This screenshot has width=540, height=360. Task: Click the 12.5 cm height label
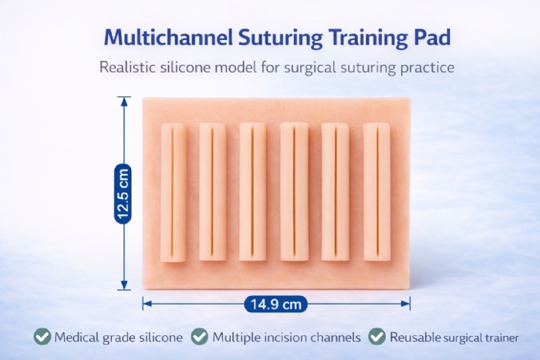[123, 193]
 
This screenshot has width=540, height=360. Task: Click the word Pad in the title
[417, 36]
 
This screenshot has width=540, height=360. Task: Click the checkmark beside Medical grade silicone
[42, 337]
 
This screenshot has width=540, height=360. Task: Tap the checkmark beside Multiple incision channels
[200, 337]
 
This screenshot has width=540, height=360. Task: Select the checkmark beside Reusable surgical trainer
[376, 337]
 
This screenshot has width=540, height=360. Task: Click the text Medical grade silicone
[119, 337]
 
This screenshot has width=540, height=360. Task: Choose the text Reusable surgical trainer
[454, 337]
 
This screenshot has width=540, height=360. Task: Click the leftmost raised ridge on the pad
[173, 192]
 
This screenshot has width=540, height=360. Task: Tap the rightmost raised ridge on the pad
[376, 192]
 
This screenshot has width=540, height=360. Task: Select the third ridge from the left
[252, 192]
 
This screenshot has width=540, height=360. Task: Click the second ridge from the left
[212, 192]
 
